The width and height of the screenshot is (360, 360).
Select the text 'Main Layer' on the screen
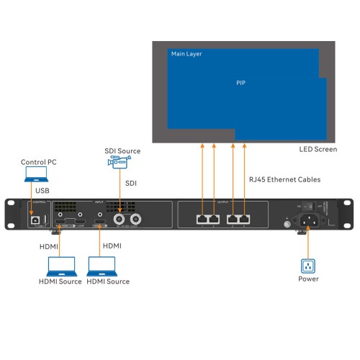186,55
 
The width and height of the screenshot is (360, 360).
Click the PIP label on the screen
241,83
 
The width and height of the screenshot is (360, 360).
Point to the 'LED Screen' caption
318,150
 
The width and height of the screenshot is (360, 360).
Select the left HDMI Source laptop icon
60,266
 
